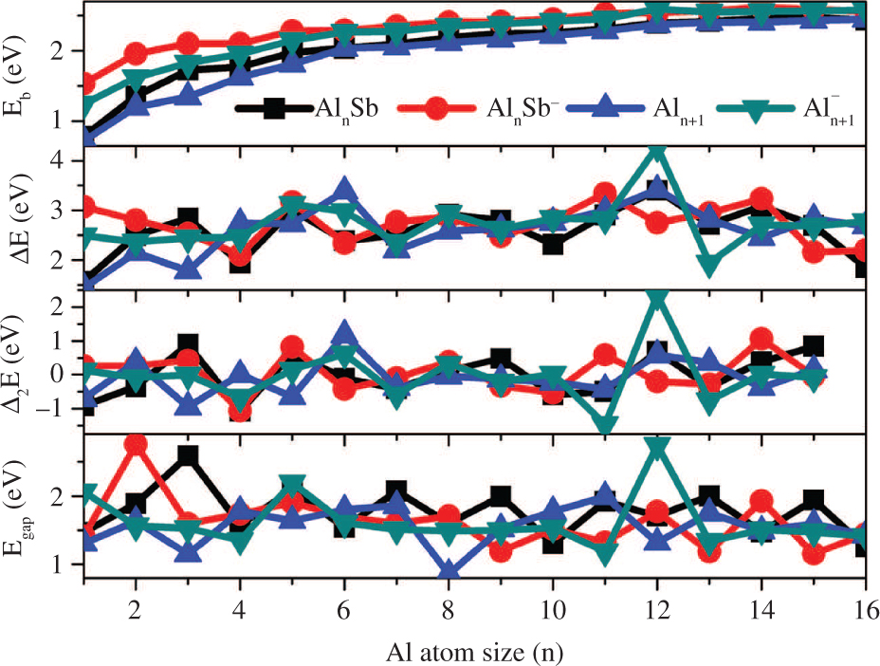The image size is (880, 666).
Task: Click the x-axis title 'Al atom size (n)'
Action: (x=478, y=652)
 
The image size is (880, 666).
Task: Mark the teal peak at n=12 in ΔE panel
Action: (x=657, y=155)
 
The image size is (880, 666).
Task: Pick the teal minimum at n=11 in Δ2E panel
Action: (x=605, y=423)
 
